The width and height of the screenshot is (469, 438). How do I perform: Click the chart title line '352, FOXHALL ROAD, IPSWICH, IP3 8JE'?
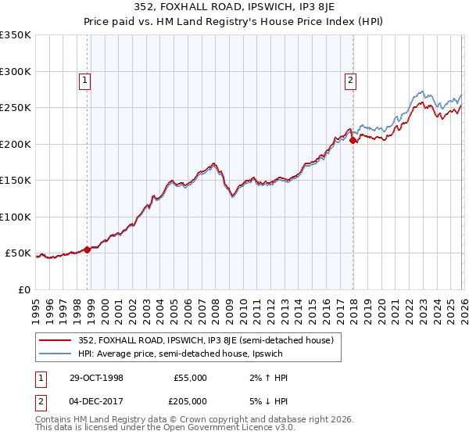[x=234, y=9]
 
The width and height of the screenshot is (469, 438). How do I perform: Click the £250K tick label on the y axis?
[x=16, y=107]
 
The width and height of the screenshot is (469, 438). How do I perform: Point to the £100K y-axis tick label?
[x=16, y=217]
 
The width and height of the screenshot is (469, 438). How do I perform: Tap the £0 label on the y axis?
[x=23, y=289]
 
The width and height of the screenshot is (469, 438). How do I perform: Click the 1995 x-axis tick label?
[x=36, y=309]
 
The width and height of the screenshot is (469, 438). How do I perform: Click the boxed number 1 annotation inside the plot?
[x=84, y=79]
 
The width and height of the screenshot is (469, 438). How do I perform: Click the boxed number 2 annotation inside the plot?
[x=350, y=79]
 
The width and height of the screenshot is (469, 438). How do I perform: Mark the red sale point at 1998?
[x=88, y=250]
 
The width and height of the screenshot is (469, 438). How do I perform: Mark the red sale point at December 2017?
[x=353, y=141]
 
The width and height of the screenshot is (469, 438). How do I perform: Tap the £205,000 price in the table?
[x=190, y=400]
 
